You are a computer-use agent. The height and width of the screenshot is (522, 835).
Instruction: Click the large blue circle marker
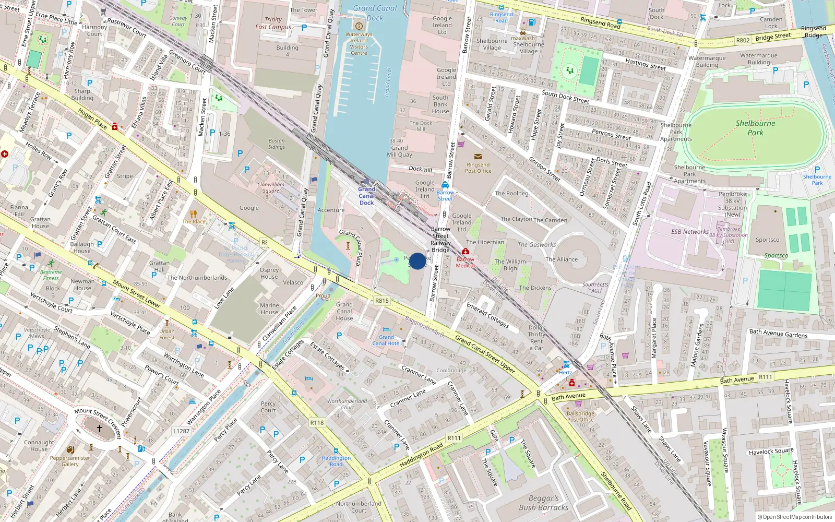417,261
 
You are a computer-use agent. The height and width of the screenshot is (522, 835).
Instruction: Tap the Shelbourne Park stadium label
755,128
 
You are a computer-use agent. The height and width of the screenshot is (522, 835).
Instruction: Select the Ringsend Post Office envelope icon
478,157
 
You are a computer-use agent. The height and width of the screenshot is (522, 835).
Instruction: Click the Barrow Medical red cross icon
466,252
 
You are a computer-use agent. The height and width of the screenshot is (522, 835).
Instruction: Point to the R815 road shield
382,301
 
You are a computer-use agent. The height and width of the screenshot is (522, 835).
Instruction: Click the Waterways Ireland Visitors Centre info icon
359,26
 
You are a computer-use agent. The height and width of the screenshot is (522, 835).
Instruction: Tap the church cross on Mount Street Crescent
100,429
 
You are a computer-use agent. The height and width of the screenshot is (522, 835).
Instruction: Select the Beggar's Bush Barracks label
543,503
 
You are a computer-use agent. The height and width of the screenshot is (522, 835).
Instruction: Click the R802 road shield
743,40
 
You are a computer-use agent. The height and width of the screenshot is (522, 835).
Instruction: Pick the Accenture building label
331,210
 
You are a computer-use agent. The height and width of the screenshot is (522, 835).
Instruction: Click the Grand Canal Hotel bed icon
386,330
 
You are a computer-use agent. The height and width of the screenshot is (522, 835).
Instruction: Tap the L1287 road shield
181,431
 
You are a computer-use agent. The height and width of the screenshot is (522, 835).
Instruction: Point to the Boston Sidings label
277,144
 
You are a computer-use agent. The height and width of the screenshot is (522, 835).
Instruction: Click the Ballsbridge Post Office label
580,416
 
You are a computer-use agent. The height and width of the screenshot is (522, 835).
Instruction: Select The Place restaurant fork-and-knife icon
194,213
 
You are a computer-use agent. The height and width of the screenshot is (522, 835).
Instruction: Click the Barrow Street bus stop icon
445,185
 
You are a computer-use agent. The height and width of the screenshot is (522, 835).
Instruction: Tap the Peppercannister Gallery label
70,461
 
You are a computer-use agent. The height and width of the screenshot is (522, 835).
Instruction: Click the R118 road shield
317,423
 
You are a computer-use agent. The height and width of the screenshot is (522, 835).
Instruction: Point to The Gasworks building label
536,245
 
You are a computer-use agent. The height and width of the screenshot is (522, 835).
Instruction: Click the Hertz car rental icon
566,365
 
